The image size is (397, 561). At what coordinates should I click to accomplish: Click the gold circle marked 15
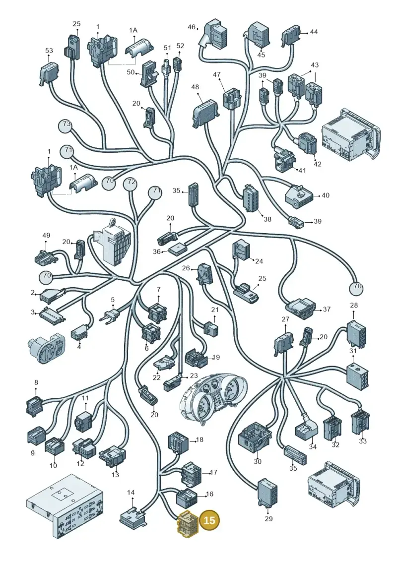pyautogui.click(x=209, y=520)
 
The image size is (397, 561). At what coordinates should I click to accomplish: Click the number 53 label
pyautogui.click(x=49, y=51)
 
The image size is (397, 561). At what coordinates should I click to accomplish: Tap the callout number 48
pyautogui.click(x=195, y=87)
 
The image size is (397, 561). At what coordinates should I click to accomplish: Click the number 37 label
pyautogui.click(x=327, y=309)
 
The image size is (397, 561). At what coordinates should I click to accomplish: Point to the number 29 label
pyautogui.click(x=268, y=518)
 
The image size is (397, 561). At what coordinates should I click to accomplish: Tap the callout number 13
pyautogui.click(x=115, y=475)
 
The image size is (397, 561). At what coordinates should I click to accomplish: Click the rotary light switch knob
pyautogui.click(x=46, y=348)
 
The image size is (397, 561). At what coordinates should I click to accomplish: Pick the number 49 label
pyautogui.click(x=46, y=236)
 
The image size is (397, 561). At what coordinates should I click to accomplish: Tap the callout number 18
pyautogui.click(x=199, y=439)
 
